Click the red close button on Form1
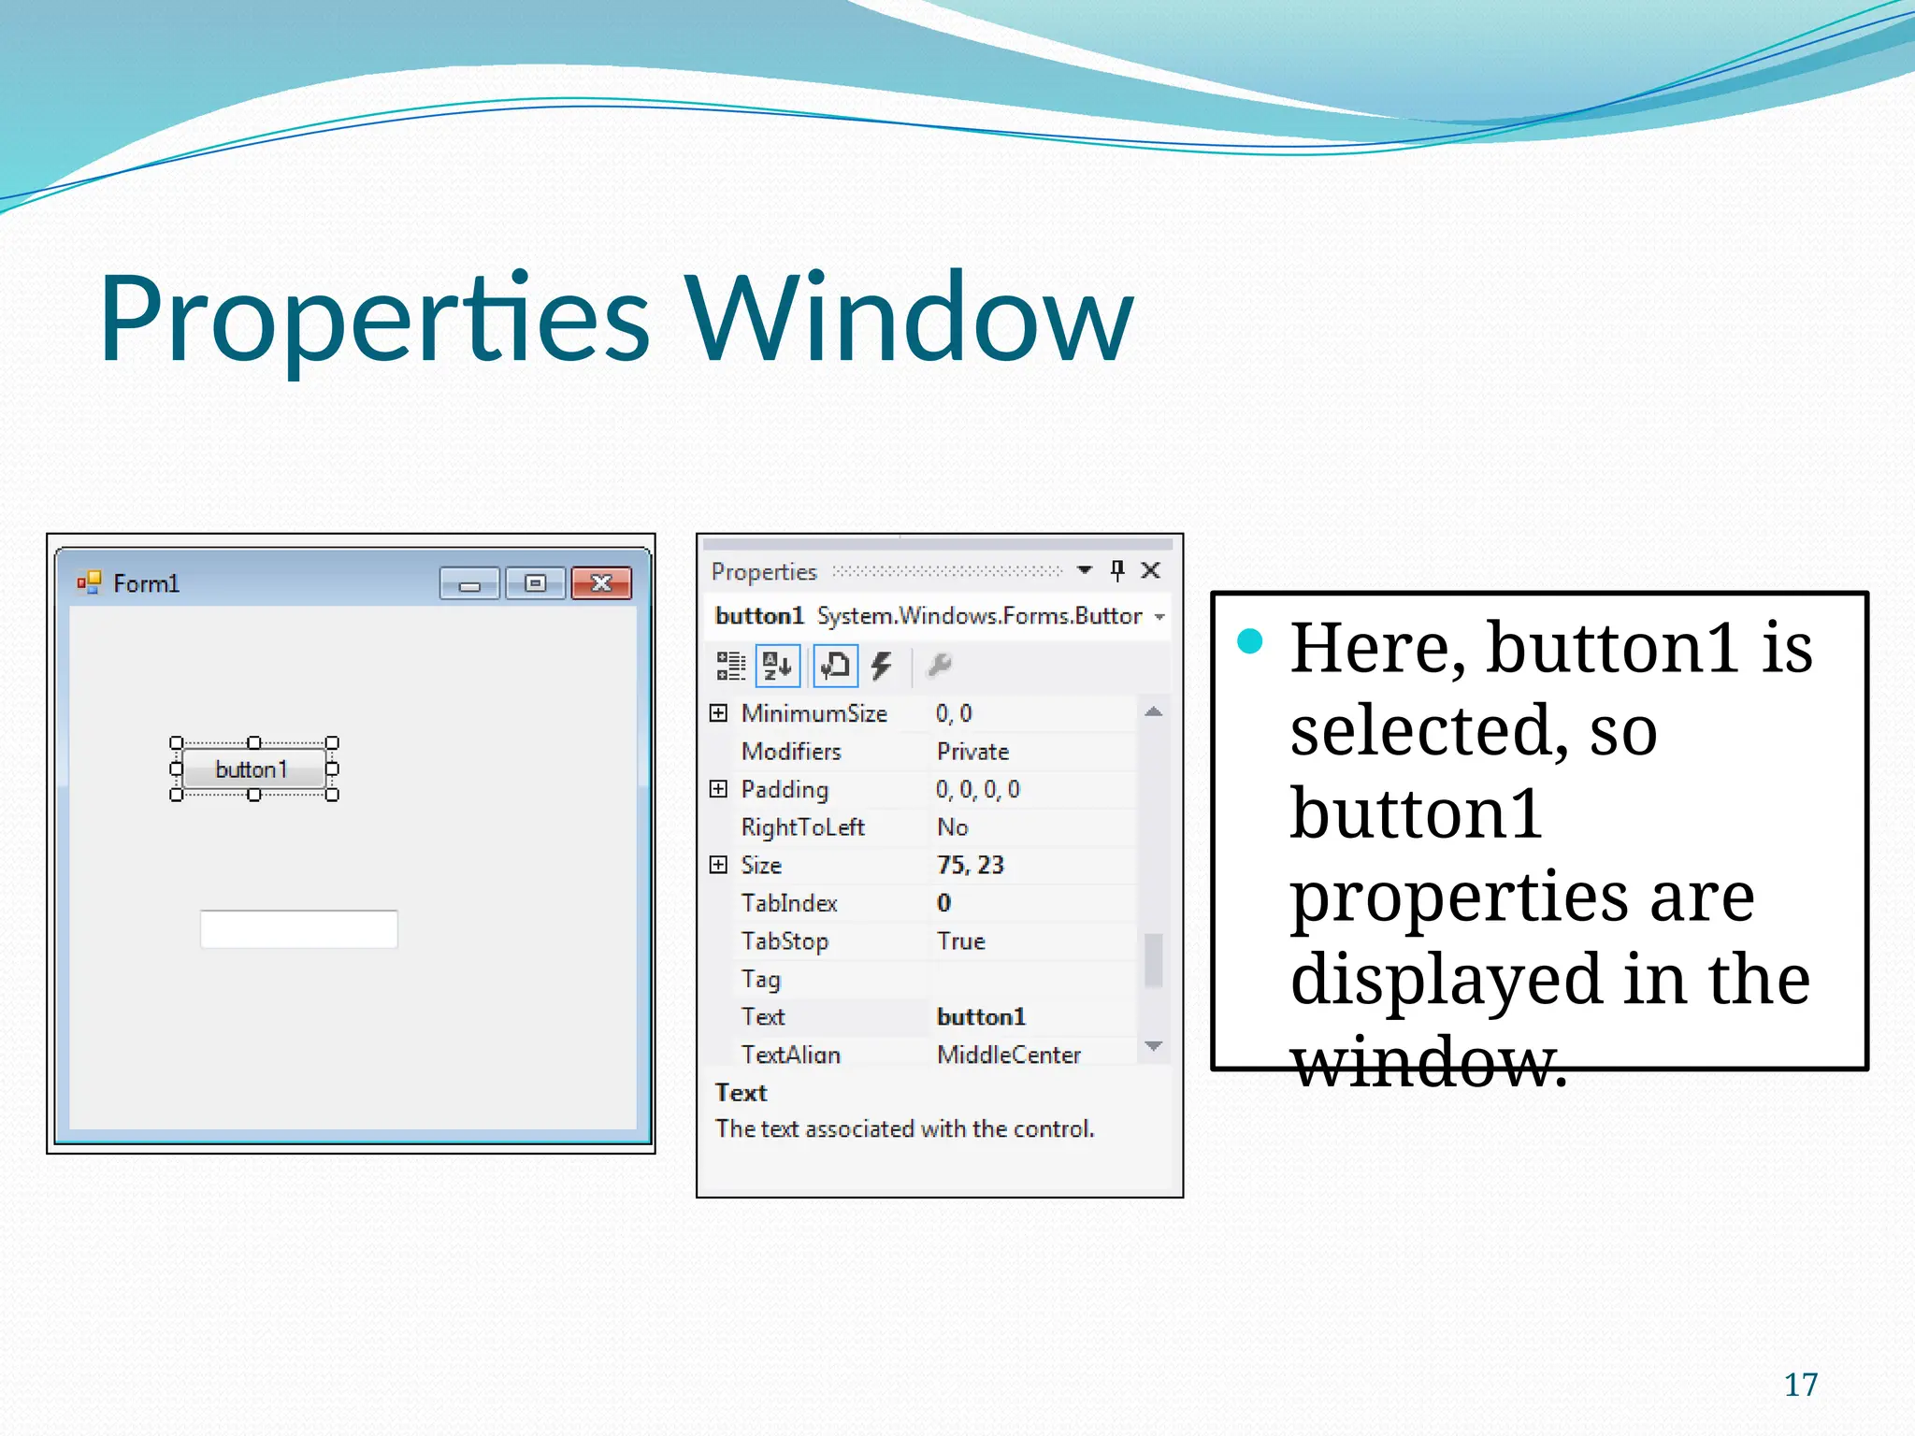pos(601,583)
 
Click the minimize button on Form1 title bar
pos(469,584)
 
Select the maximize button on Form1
pos(535,583)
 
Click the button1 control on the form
pos(252,768)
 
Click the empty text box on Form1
pos(298,928)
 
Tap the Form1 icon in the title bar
pos(89,582)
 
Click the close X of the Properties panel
pos(1151,570)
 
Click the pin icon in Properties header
pos(1117,570)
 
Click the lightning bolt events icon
pos(881,666)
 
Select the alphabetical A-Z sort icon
pos(778,666)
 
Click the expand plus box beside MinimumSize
pos(718,713)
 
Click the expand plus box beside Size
pos(718,865)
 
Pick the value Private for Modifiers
pos(972,752)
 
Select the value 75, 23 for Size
pos(971,865)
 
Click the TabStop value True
pos(961,941)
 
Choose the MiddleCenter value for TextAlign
pos(1009,1055)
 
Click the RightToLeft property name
pos(802,827)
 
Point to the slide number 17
pos(1801,1385)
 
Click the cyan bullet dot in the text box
pos(1250,641)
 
